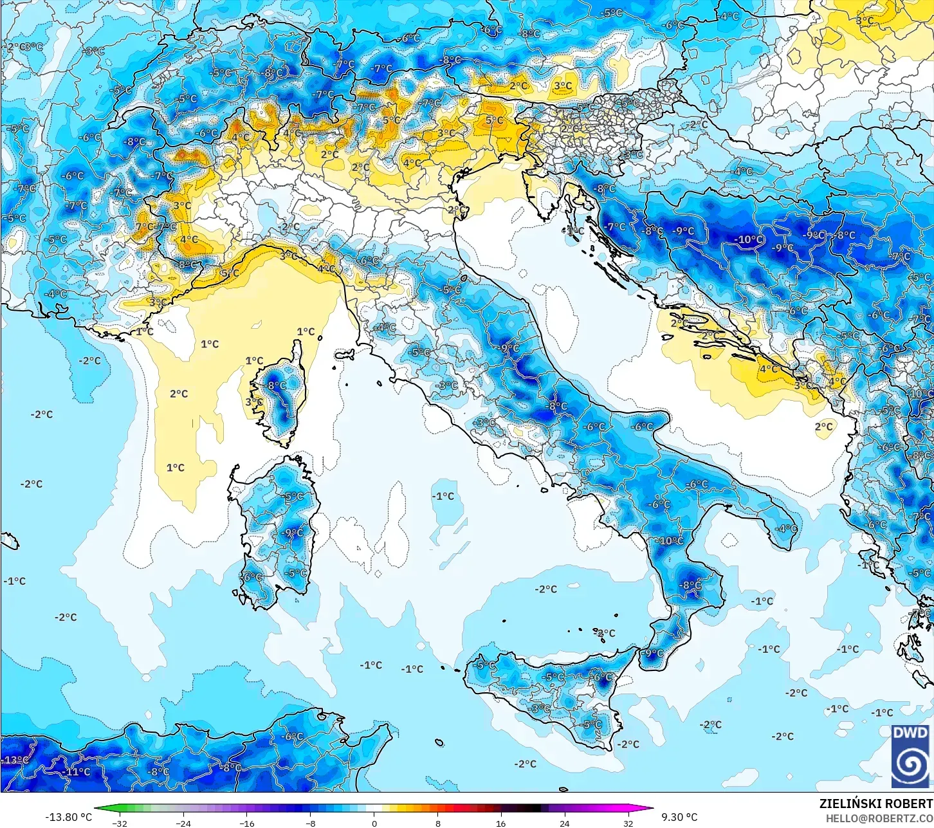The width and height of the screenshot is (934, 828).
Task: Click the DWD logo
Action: coord(910,755)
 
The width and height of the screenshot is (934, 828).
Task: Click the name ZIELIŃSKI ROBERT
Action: coord(875,804)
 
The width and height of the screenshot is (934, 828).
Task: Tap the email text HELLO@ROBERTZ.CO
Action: coord(879,818)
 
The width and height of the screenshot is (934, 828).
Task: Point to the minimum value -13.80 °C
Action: coord(68,817)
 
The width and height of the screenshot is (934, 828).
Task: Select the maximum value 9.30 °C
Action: coord(679,817)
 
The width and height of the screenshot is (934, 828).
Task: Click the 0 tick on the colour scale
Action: coord(374,823)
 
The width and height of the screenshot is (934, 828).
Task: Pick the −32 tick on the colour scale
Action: coord(120,823)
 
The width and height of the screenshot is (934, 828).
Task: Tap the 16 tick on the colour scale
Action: coord(500,823)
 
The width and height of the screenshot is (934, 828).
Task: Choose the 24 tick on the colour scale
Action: coord(564,823)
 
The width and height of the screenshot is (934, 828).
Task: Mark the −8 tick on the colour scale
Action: coord(311,823)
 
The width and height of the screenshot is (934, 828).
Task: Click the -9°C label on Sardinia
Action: coord(293,532)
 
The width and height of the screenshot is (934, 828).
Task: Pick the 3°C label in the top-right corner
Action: coord(865,21)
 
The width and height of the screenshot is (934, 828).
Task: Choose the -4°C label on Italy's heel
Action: coord(786,529)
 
